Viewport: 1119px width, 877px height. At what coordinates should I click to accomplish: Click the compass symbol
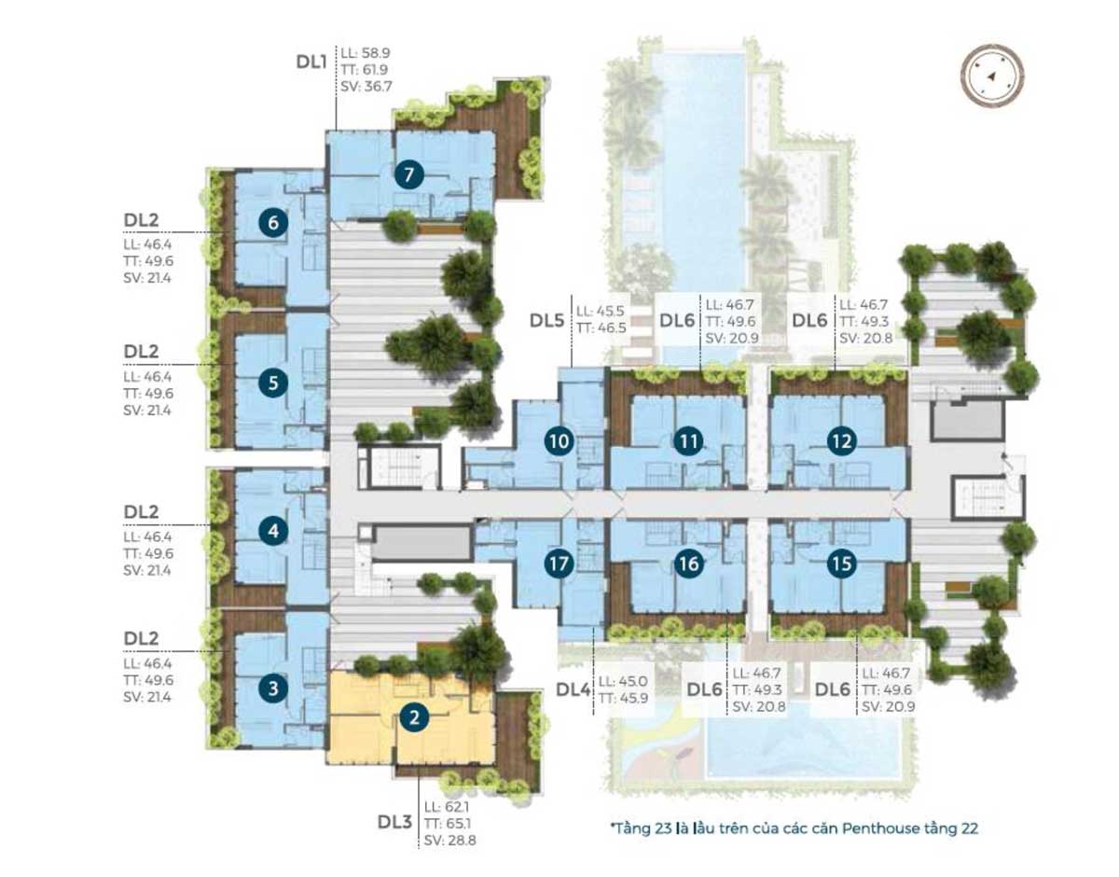[x=992, y=76]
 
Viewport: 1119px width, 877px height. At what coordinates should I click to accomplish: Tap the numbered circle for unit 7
[x=408, y=174]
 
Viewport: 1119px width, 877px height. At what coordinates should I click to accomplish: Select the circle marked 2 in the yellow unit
[x=415, y=717]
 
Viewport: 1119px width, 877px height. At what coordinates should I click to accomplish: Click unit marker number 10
[x=559, y=441]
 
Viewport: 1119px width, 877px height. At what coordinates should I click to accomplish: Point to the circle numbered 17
[x=559, y=564]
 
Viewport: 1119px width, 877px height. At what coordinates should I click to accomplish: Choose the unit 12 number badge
[x=842, y=441]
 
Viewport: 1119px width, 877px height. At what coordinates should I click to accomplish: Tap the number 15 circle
[x=842, y=564]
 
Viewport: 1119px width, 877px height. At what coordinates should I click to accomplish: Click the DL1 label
[x=311, y=63]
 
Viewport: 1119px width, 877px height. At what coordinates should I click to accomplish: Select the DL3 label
[x=395, y=821]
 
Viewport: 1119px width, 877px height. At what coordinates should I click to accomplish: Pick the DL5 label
[x=546, y=320]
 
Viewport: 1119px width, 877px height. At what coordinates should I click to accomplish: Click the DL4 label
[x=573, y=689]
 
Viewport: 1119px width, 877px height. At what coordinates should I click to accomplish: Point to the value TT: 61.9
[x=364, y=70]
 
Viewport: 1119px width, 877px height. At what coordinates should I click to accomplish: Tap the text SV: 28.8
[x=449, y=841]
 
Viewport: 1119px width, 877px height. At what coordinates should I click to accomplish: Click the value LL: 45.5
[x=600, y=311]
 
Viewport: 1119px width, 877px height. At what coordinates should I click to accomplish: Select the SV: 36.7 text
[x=366, y=87]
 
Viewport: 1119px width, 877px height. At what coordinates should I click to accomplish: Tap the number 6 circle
[x=273, y=222]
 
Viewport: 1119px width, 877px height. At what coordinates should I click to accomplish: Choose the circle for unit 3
[x=273, y=688]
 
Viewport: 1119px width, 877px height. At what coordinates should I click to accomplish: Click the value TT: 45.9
[x=623, y=698]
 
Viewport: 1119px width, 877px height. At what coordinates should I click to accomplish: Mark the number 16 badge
[x=689, y=564]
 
